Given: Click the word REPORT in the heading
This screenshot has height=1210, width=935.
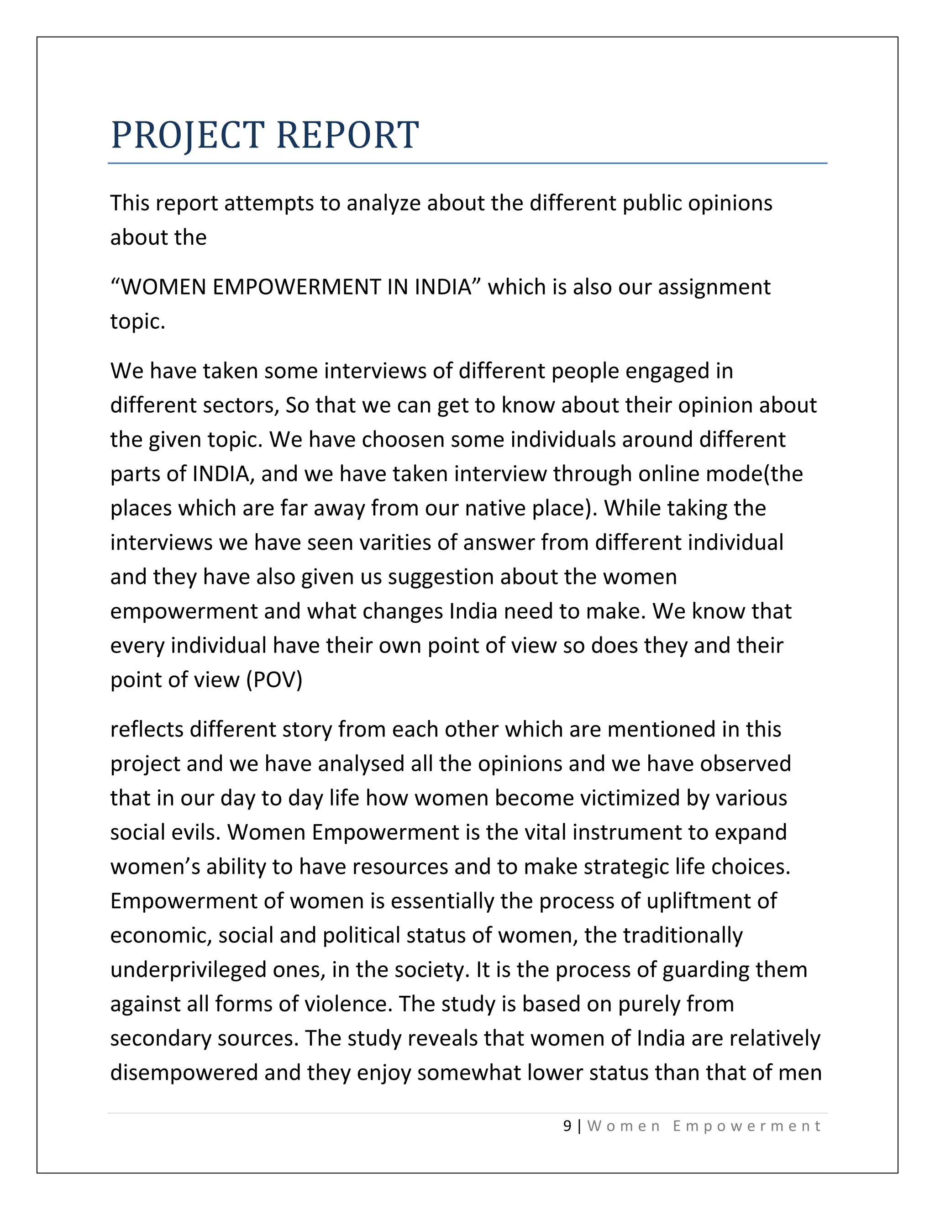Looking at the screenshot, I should click(347, 135).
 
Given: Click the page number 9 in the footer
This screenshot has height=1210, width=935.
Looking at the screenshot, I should click(567, 1126).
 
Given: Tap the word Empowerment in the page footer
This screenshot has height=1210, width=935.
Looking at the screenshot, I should click(746, 1126).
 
